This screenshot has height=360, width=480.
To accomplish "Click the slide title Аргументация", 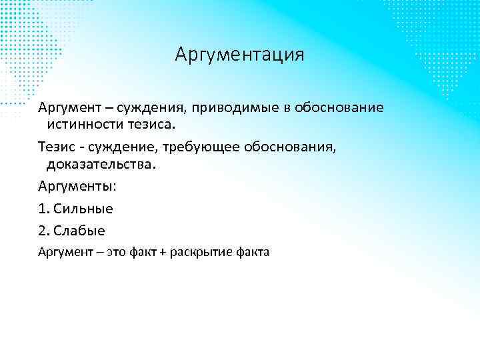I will pos(239,54).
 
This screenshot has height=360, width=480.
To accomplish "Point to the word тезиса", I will pos(149,125).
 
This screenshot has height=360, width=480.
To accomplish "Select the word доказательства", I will pos(101,163).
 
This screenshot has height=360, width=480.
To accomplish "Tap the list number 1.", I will pos(43,208).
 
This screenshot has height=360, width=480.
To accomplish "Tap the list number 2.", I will pos(44,231).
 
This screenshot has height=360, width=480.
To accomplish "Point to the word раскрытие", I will pos(197,252).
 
